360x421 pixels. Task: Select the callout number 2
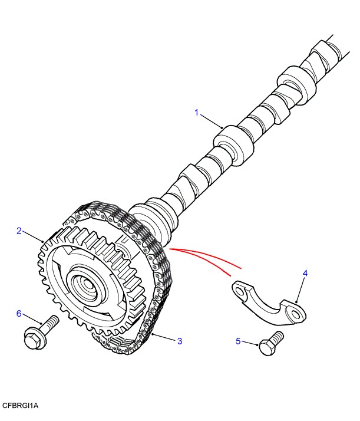[19, 231]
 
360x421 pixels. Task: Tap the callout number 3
[180, 340]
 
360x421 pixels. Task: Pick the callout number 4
[305, 274]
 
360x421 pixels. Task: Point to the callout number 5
[239, 341]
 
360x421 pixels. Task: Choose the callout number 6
[19, 313]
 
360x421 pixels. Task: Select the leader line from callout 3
[164, 337]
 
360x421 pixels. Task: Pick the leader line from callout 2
[33, 237]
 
